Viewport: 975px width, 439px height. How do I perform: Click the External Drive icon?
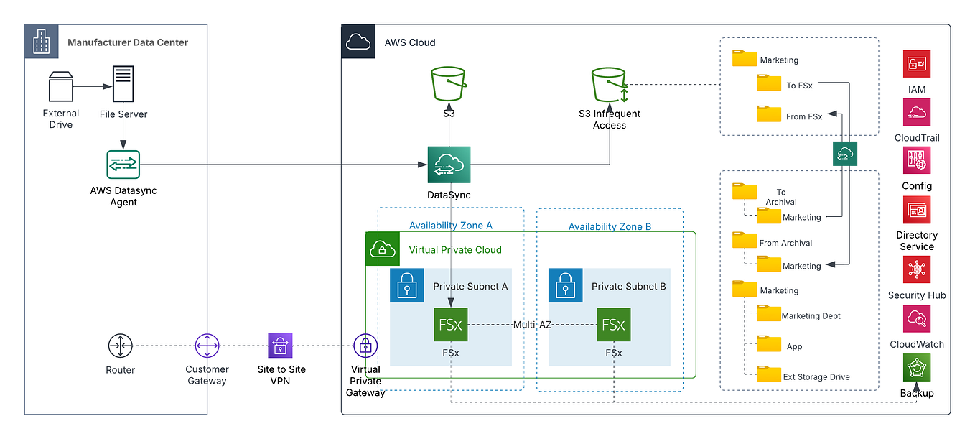(61, 87)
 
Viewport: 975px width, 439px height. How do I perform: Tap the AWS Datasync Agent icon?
(123, 165)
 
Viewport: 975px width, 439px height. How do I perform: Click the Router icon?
(120, 346)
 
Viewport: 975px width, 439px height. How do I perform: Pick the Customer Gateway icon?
(207, 346)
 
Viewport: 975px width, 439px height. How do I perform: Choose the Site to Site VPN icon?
(281, 346)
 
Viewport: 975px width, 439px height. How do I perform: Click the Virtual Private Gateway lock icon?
(365, 346)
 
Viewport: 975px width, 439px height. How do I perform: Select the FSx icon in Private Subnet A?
(451, 325)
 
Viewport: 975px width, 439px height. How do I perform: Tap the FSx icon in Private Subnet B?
(614, 325)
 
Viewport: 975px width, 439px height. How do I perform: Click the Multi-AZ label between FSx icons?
(532, 325)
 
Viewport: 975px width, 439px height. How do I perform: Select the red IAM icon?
(917, 64)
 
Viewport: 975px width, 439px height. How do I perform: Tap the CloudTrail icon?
(917, 112)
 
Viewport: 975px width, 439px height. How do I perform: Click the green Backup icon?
(917, 368)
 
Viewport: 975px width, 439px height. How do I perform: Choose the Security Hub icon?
(917, 270)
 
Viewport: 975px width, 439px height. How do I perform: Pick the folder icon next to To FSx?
(768, 83)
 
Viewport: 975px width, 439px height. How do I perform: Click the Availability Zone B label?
(610, 226)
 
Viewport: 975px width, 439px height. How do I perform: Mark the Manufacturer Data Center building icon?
(41, 42)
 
